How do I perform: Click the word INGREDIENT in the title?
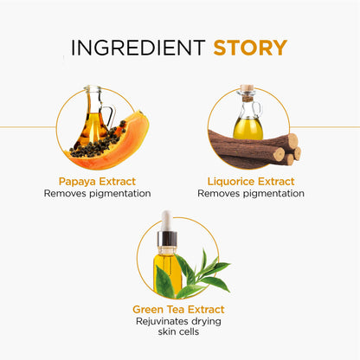click(138, 48)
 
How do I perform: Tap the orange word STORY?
click(250, 48)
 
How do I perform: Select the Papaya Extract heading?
click(97, 182)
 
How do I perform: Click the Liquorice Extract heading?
click(251, 182)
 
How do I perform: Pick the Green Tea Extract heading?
click(178, 309)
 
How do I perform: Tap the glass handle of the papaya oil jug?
click(109, 115)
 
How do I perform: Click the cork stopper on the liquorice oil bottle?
click(247, 87)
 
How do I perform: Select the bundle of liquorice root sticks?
click(254, 149)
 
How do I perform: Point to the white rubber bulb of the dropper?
click(166, 221)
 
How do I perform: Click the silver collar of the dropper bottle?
click(167, 239)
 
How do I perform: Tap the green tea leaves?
click(193, 277)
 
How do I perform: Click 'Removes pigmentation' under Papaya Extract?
click(97, 194)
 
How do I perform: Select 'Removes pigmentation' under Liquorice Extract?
click(251, 194)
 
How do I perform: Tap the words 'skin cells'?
click(178, 331)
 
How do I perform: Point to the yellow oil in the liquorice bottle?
click(247, 129)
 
